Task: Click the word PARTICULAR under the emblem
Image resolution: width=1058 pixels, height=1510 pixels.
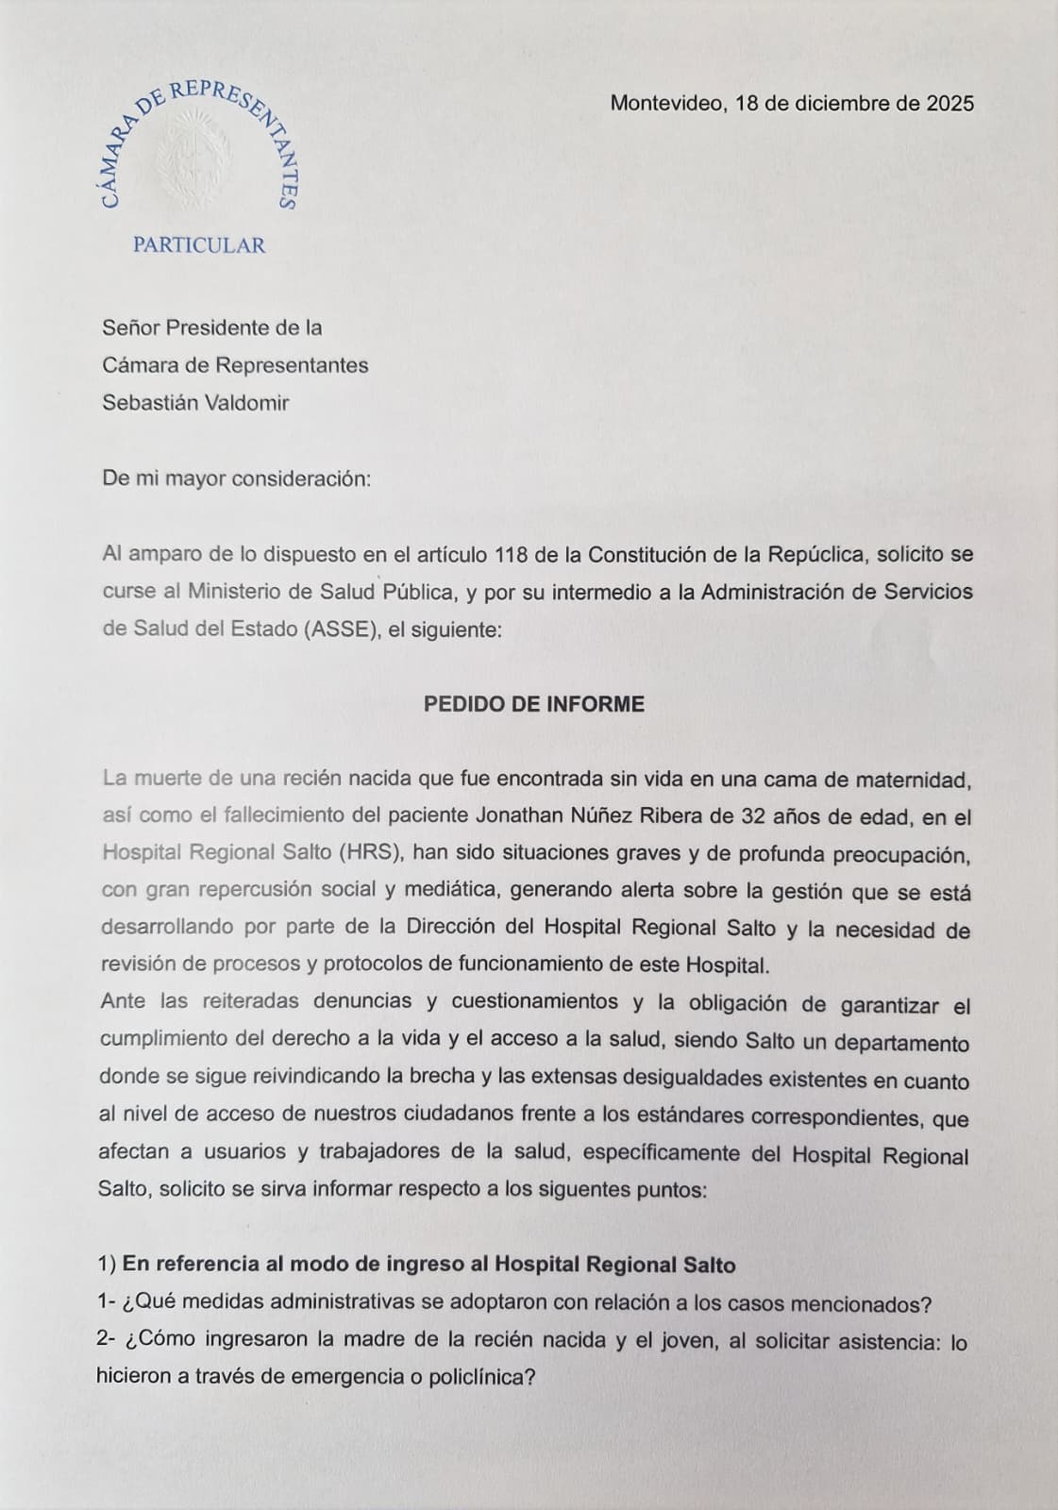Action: [199, 245]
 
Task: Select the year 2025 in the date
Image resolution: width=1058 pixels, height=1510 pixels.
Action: [949, 104]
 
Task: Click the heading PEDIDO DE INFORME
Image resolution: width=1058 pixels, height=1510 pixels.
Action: [534, 705]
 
